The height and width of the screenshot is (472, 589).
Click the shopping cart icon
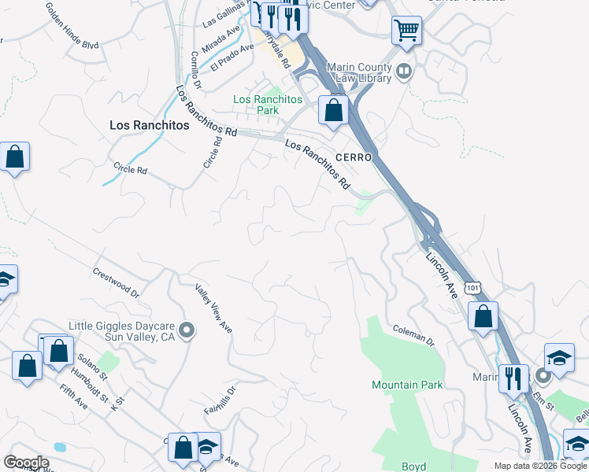[406, 31]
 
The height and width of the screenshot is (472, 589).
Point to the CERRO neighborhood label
[353, 157]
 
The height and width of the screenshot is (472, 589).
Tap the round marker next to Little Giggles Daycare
[187, 330]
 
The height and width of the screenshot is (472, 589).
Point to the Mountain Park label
[407, 385]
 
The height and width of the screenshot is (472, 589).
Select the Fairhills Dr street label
[220, 401]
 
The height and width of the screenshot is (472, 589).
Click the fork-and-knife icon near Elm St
[512, 378]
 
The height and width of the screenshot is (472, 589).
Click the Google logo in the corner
[26, 463]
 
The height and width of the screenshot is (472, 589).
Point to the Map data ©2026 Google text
[540, 466]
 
